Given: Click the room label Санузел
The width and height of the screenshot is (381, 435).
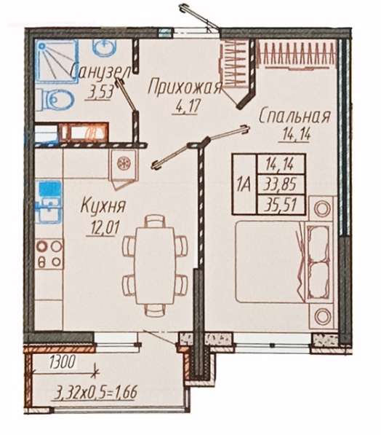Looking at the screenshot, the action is tap(100, 73).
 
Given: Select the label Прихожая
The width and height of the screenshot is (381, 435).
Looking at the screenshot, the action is tap(185, 87).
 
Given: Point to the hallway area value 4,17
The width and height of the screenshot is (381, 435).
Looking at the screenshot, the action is tap(186, 106).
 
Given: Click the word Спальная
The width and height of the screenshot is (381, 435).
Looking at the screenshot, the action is tap(295, 117).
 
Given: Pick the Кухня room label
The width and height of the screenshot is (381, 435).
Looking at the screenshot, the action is tap(103, 206).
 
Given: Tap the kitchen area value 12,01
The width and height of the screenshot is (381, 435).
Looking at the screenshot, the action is tap(103, 228).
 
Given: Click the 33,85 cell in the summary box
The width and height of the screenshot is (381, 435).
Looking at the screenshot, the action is tap(281, 184).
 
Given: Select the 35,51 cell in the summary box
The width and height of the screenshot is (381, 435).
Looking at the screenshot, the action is tap(281, 205).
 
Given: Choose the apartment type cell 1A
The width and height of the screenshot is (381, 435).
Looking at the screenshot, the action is tap(244, 184).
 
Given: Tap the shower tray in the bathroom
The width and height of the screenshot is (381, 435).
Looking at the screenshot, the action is tap(57, 61).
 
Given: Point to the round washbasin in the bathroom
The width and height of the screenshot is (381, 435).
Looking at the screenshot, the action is tap(104, 47).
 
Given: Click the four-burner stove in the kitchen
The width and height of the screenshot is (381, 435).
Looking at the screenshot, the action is tap(49, 254).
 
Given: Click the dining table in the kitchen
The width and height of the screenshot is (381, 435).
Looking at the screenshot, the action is tap(155, 265).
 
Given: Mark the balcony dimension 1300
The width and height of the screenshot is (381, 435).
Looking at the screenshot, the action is tap(63, 362).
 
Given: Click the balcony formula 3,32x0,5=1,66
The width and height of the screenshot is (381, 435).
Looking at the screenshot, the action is tap(94, 393).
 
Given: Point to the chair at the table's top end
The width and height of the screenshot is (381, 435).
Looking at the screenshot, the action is tap(156, 221).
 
